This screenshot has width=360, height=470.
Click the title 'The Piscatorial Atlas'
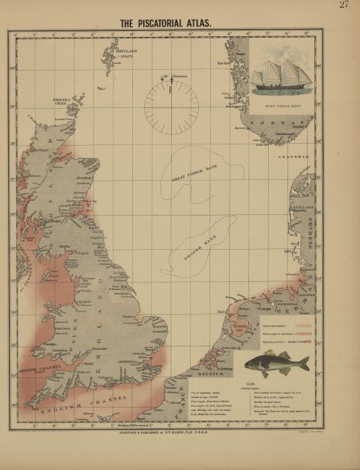pyautogui.click(x=165, y=23)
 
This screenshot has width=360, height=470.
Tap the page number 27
pyautogui.click(x=344, y=5)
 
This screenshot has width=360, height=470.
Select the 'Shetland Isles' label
pyautogui.click(x=126, y=54)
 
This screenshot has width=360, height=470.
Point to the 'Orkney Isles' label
pyautogui.click(x=61, y=102)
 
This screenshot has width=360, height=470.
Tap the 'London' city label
pyautogui.click(x=126, y=361)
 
